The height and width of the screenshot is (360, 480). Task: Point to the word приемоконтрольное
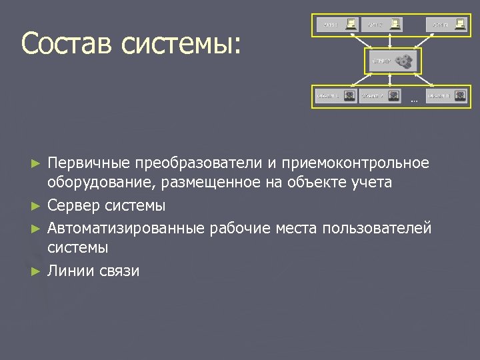[356, 163]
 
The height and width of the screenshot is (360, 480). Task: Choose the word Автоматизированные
[126, 228]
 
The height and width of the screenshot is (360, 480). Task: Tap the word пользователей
[377, 228]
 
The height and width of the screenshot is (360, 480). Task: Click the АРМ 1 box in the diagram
[337, 25]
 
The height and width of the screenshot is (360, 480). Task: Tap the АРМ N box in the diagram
[447, 25]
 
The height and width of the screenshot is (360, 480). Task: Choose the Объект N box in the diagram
[447, 96]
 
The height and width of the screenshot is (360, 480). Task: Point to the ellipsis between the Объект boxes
[413, 101]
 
